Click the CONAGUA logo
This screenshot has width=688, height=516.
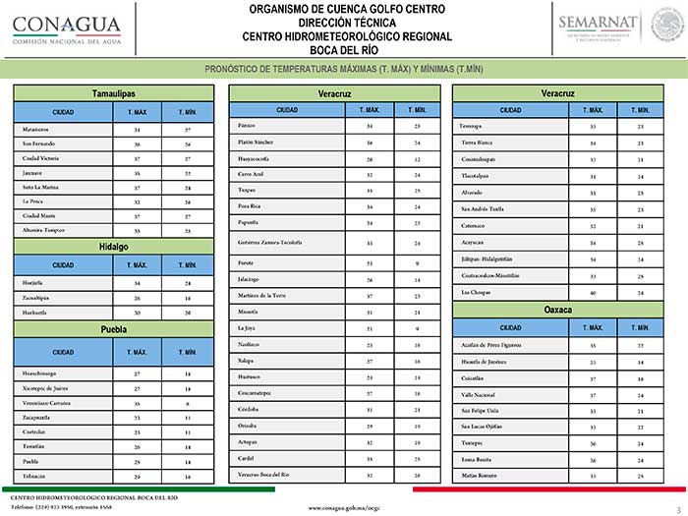click(67, 29)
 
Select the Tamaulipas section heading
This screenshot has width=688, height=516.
click(113, 92)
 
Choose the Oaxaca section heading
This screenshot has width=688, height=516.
click(557, 309)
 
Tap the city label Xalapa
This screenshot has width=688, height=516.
click(248, 362)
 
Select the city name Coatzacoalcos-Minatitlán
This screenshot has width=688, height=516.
click(496, 276)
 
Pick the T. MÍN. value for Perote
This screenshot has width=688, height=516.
click(417, 263)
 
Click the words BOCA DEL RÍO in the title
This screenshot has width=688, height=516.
click(347, 50)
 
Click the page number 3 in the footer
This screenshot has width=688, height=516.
click(677, 507)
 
